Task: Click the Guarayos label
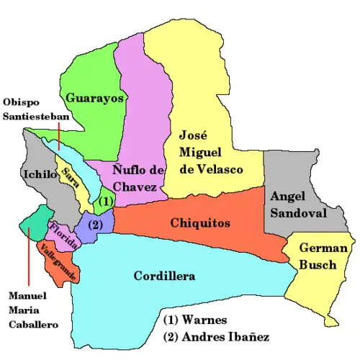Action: point(95,98)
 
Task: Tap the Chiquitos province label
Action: point(200,223)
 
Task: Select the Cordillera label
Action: point(165,276)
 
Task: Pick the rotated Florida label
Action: point(64,235)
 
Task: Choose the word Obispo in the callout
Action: point(20,102)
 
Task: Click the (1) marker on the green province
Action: point(106,201)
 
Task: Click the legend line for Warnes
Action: point(194,319)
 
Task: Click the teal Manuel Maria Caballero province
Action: point(37,225)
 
